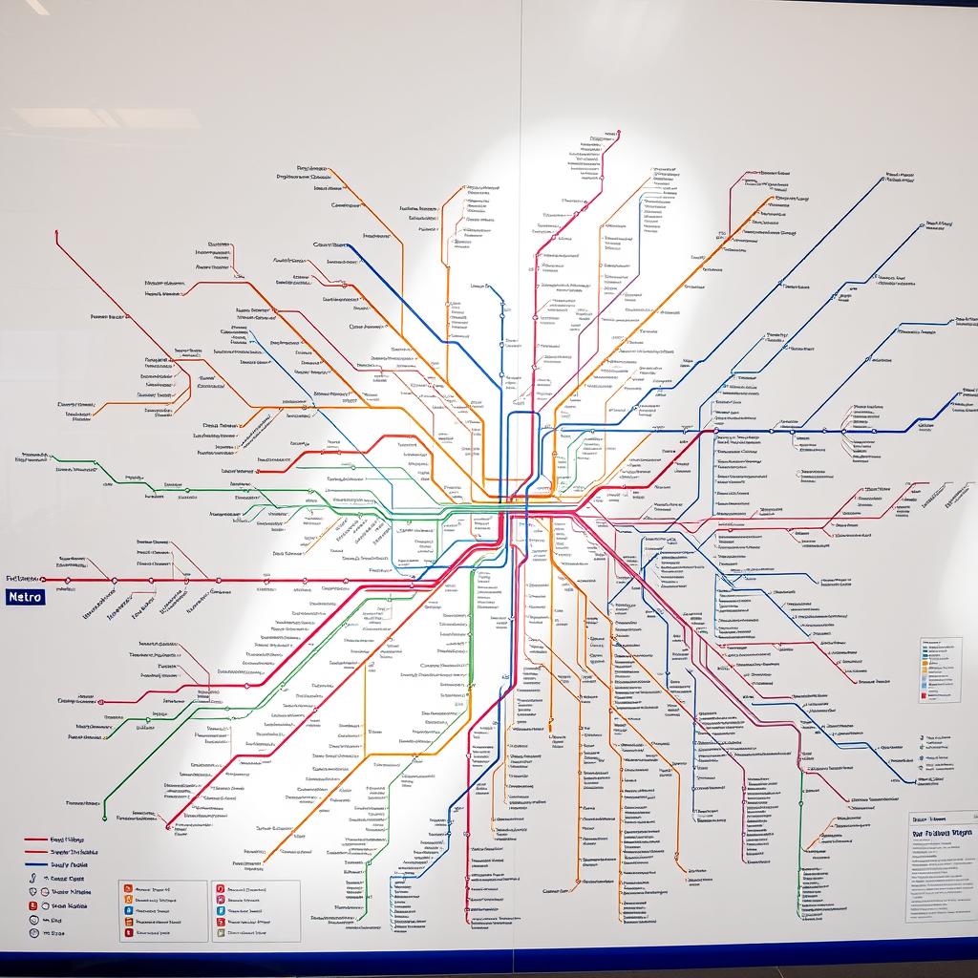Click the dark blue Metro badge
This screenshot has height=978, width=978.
coord(25,597)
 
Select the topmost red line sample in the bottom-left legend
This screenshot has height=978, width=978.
coord(36,840)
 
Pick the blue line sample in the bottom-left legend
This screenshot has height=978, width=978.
coord(36,864)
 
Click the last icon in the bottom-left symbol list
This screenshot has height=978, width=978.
coord(34,932)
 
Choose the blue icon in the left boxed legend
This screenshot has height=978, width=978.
coord(128,911)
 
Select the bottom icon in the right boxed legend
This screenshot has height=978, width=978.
coord(221,933)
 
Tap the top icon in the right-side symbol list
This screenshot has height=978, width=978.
coord(925,738)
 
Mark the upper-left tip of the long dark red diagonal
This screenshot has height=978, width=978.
coord(56,231)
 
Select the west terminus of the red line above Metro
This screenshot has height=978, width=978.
coord(42,580)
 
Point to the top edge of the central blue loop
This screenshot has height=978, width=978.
coord(522,413)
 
